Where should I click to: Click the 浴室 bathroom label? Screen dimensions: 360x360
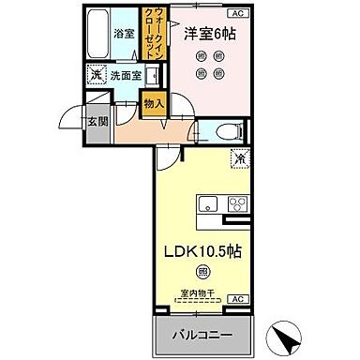coord(123,34)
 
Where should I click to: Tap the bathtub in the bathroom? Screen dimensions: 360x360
coord(97,36)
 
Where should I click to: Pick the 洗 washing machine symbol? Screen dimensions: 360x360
coord(96,75)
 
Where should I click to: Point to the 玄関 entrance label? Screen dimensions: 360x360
coord(98,121)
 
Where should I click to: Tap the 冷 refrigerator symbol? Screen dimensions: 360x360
coord(239,160)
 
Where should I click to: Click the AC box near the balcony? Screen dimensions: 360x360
coord(236,298)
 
